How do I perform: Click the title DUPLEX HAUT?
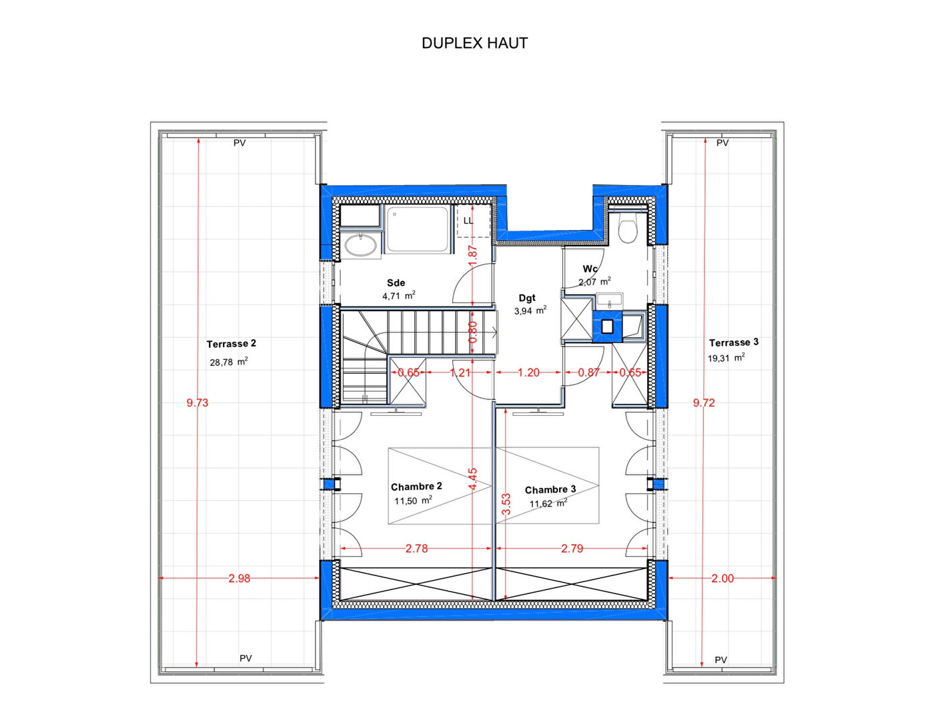(x=474, y=43)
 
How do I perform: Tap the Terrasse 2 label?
(x=231, y=344)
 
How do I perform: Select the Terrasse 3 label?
(x=733, y=342)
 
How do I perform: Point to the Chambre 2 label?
(x=416, y=487)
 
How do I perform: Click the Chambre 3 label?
(x=550, y=490)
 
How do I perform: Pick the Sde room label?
(x=396, y=283)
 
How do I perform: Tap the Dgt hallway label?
(x=527, y=298)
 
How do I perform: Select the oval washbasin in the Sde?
(x=361, y=246)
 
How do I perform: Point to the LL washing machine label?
(x=468, y=221)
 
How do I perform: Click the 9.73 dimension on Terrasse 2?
(x=197, y=403)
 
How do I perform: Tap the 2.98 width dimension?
(x=239, y=579)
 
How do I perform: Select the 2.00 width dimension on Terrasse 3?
(x=723, y=579)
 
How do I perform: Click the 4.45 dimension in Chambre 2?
(x=472, y=479)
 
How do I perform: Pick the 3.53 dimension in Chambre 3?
(x=506, y=504)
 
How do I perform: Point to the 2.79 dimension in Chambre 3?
(x=572, y=549)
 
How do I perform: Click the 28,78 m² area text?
(x=229, y=362)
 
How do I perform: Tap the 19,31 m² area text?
(x=726, y=358)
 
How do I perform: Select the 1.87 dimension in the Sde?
(x=472, y=256)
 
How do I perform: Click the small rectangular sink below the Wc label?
(x=610, y=301)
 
